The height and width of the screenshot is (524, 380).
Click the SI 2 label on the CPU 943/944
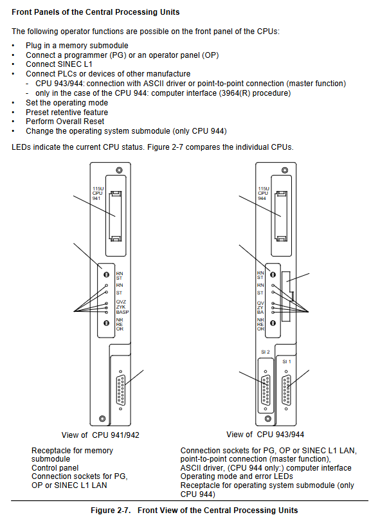(x=266, y=352)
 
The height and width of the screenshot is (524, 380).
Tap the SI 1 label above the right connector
(x=286, y=361)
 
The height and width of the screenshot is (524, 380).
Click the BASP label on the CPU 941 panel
(x=122, y=312)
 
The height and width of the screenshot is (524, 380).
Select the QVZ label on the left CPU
(x=121, y=302)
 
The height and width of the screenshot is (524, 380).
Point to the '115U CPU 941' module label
(x=98, y=194)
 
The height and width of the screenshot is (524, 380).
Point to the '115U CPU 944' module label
(x=264, y=194)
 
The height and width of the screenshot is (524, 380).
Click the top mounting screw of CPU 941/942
(x=119, y=170)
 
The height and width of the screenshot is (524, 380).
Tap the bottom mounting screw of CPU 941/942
(x=103, y=419)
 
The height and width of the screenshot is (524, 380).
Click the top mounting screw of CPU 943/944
(x=285, y=170)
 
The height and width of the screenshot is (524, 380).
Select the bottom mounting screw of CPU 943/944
(x=267, y=419)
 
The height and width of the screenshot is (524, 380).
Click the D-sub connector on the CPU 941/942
(x=121, y=390)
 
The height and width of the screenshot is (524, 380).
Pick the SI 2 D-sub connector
(x=266, y=390)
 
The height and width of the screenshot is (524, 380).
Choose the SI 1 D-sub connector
(x=286, y=390)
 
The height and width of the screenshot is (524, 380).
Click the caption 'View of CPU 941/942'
(x=100, y=435)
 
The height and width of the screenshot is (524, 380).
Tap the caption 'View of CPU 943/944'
(x=265, y=435)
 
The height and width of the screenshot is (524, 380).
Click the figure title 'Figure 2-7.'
(x=111, y=510)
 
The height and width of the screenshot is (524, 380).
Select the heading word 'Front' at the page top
(x=22, y=12)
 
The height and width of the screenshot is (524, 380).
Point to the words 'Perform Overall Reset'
(x=65, y=122)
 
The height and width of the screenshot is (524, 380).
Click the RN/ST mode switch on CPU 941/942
(x=107, y=275)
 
